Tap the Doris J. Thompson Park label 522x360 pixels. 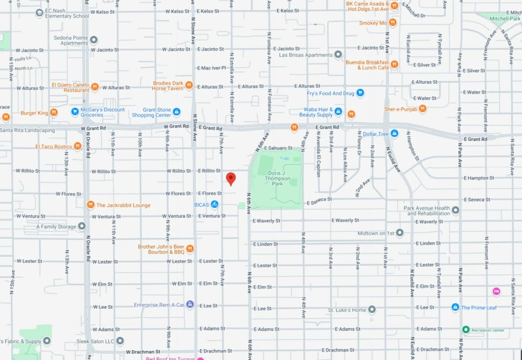click(x=277, y=178)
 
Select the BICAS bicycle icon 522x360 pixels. click(x=214, y=204)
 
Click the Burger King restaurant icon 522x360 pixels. click(x=54, y=113)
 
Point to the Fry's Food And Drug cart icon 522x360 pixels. click(x=360, y=93)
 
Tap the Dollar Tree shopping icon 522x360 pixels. click(x=394, y=133)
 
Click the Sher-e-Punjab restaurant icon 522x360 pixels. click(x=422, y=109)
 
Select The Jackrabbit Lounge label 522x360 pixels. click(x=123, y=205)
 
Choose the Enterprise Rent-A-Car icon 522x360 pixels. click(x=190, y=304)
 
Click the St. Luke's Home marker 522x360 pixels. click(x=372, y=310)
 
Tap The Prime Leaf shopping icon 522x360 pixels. click(x=455, y=307)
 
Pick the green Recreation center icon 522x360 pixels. click(x=466, y=330)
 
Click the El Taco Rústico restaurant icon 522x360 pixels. click(x=77, y=146)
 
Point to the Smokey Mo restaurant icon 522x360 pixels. click(x=392, y=23)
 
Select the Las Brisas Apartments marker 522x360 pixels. click(x=338, y=55)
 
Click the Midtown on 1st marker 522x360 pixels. click(x=400, y=233)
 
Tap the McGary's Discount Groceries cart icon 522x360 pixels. click(x=75, y=112)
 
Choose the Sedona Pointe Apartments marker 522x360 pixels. click(x=94, y=40)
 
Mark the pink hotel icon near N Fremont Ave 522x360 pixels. click(x=496, y=291)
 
